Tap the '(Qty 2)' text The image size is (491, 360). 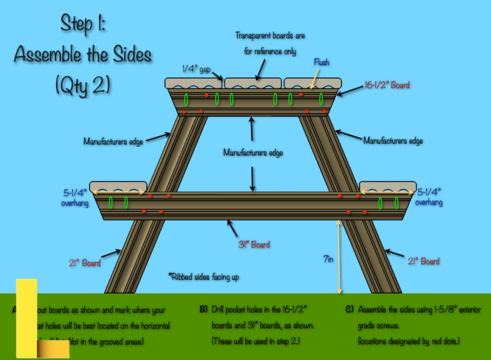click(83, 86)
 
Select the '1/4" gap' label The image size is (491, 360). click(196, 68)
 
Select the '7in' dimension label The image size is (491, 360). click(328, 259)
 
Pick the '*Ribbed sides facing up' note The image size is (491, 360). click(203, 277)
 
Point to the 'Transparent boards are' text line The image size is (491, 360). click(270, 35)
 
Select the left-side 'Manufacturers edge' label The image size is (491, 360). click(113, 142)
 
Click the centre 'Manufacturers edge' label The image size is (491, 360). click(253, 152)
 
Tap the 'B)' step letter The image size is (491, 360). click(203, 309)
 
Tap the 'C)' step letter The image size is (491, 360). click(349, 309)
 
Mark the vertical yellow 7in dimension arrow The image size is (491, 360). click(339, 256)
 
